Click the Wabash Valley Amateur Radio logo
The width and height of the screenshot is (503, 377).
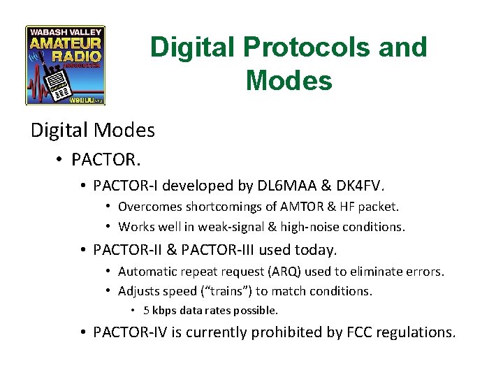coord(65,66)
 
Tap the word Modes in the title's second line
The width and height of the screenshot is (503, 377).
coord(289,81)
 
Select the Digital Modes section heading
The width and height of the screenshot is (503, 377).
coord(93,130)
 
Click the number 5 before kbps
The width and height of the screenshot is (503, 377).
coord(147,310)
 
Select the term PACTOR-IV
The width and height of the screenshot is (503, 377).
coord(126,332)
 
